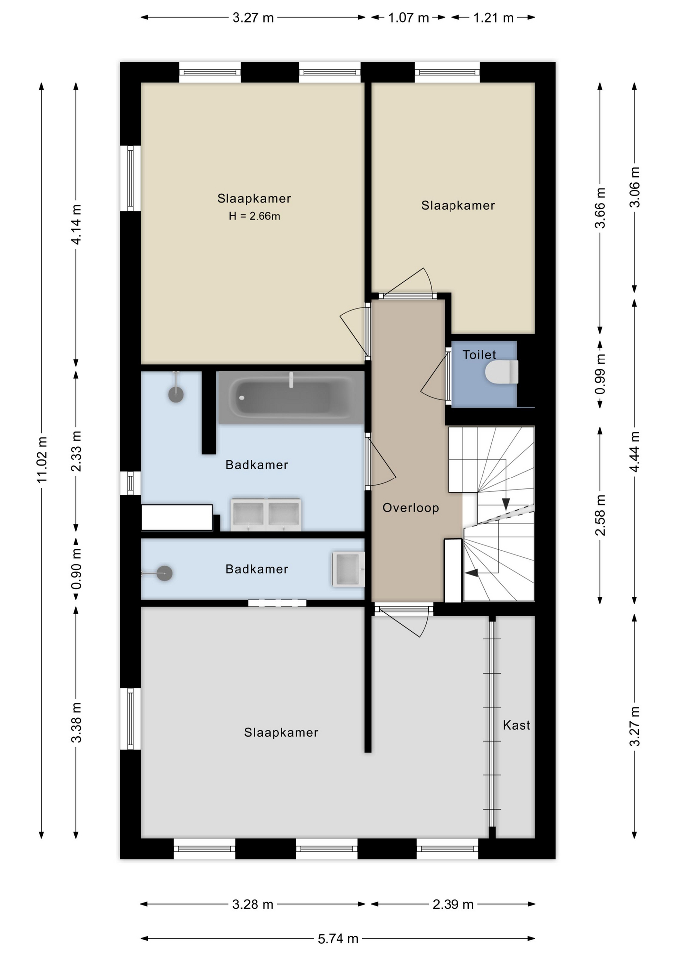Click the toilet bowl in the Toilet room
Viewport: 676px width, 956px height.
502,372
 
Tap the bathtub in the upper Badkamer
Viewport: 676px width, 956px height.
291,398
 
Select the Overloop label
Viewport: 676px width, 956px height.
411,508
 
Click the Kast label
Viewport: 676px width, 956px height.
516,725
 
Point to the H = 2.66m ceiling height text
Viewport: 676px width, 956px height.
254,216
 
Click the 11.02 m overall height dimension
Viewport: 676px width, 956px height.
42,460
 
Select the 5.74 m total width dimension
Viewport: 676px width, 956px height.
338,939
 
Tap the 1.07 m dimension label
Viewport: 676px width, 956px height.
408,18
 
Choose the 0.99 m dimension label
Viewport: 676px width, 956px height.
600,374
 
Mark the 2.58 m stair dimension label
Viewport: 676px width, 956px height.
600,515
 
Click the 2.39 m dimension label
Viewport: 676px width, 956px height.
453,904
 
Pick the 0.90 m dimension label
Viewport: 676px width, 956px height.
76,569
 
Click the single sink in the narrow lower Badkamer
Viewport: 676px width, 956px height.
348,569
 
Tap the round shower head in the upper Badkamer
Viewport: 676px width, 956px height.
176,395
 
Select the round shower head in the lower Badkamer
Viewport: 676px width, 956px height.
165,573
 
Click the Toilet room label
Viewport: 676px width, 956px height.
479,355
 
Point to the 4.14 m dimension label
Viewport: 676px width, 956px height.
76,225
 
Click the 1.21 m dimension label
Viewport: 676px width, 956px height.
493,18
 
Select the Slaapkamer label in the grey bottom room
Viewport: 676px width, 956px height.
281,732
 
